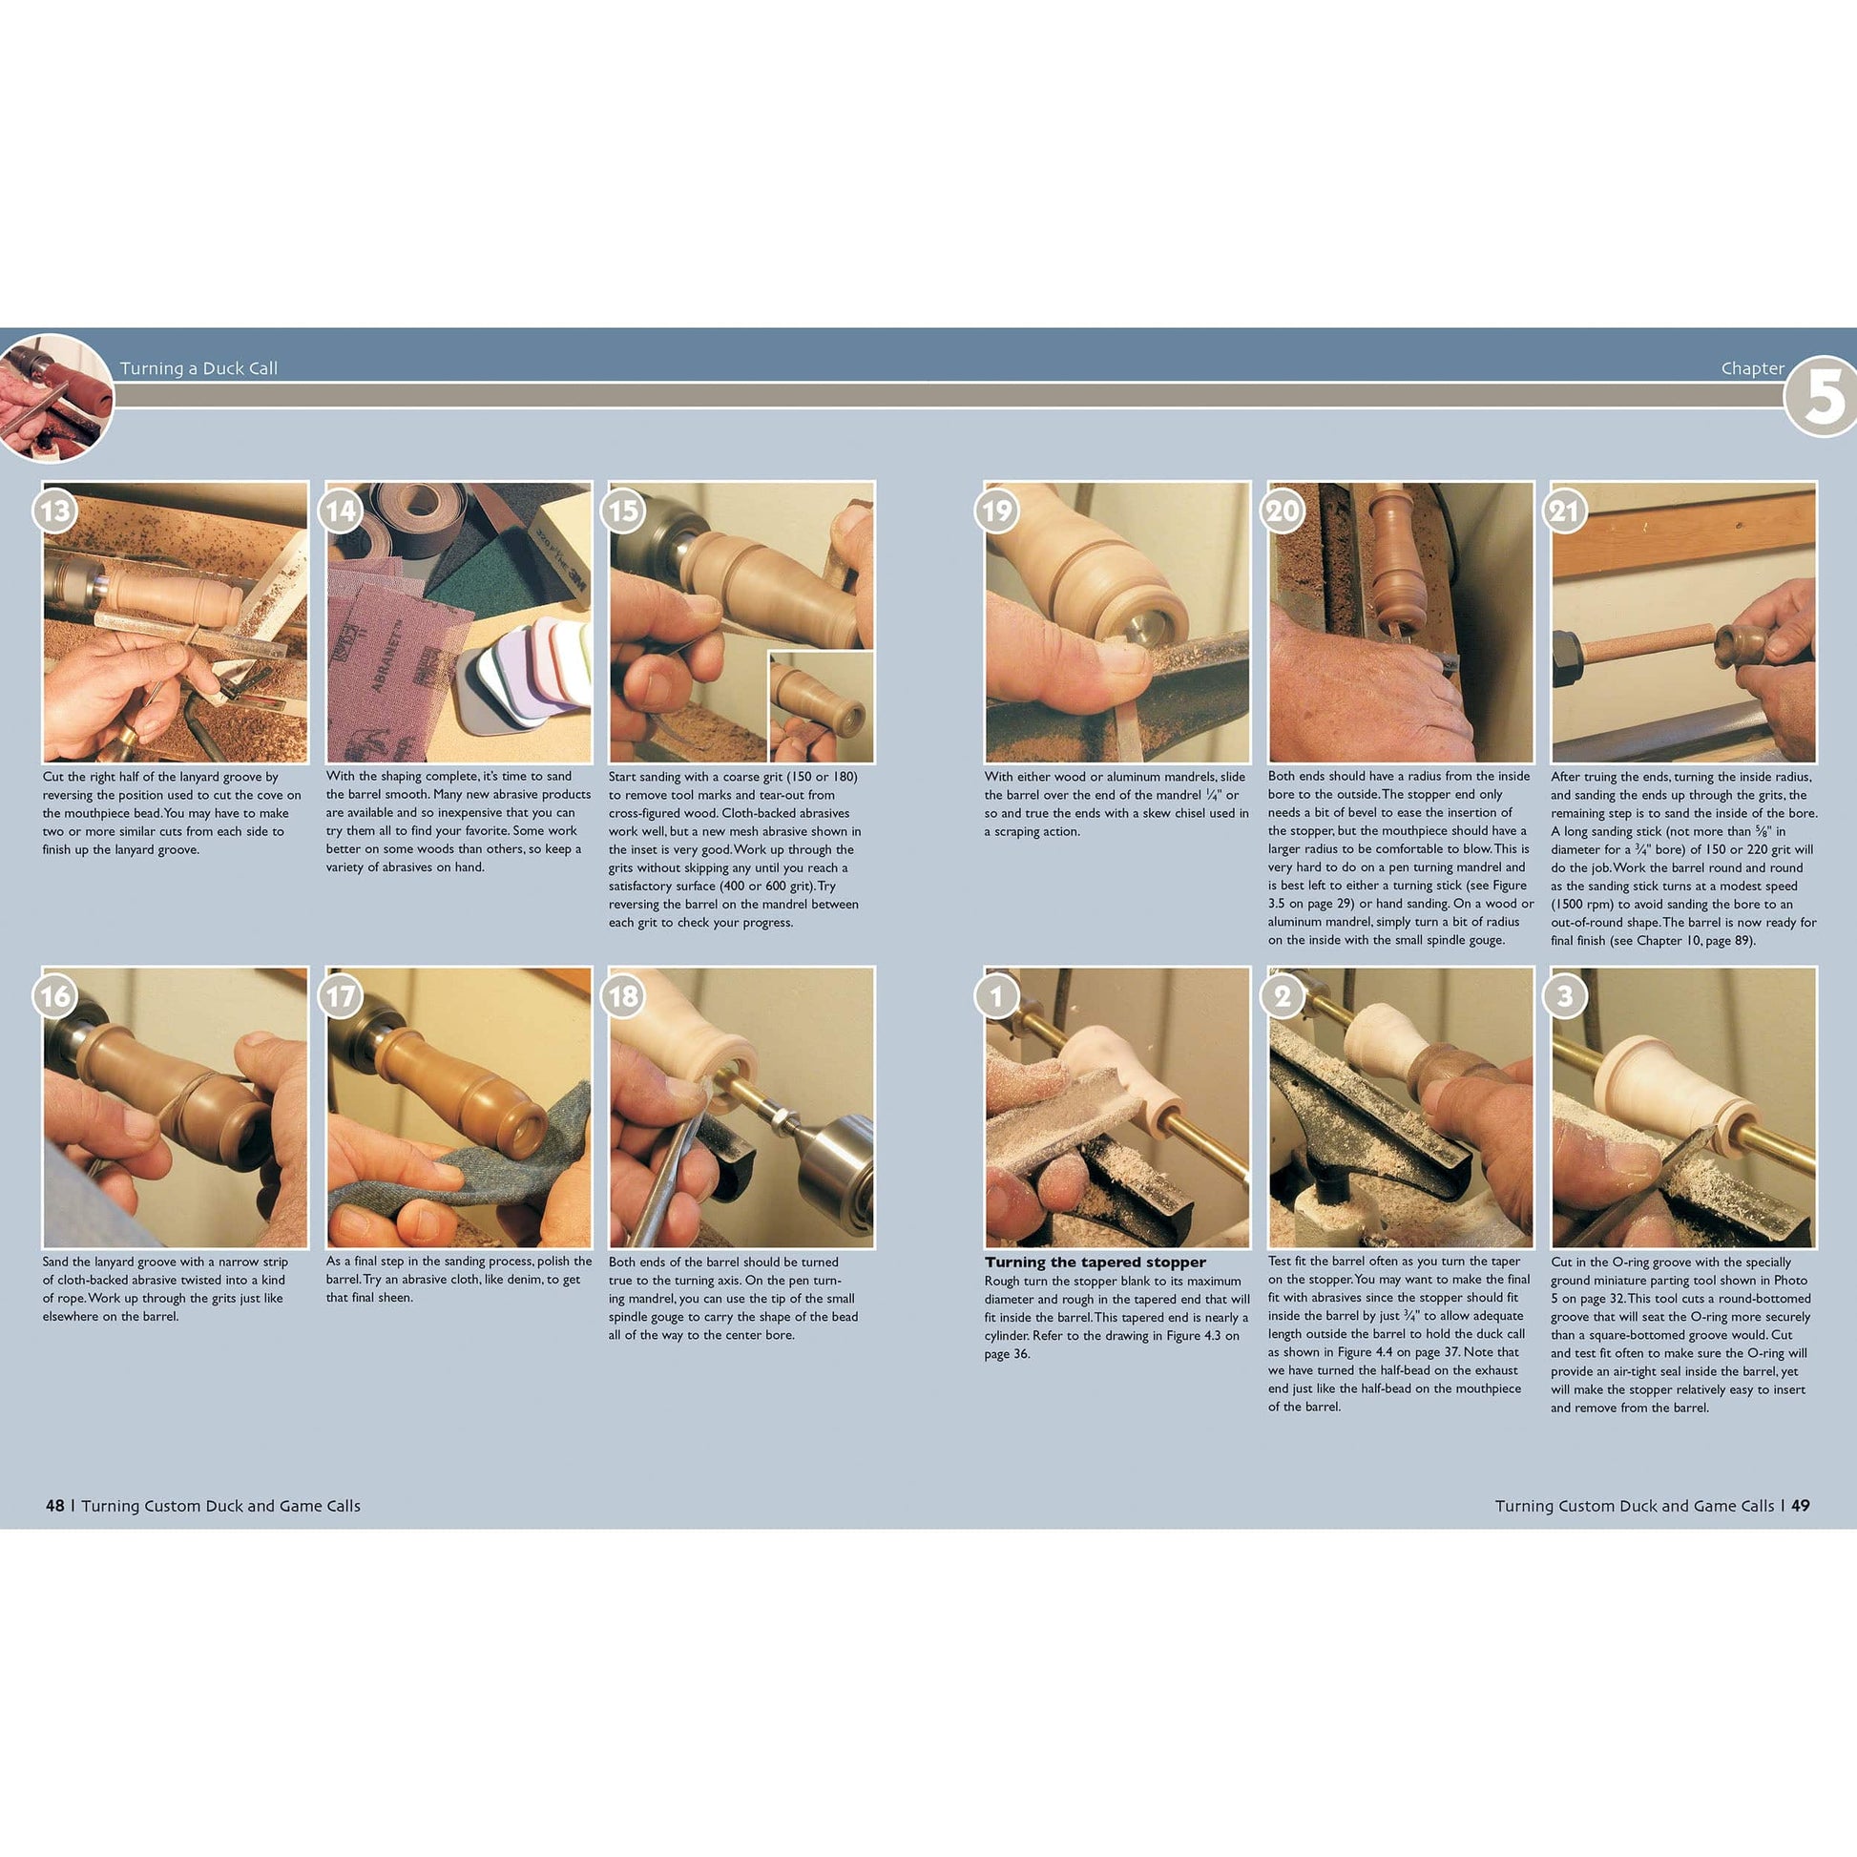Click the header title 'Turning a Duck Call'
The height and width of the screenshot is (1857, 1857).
(198, 368)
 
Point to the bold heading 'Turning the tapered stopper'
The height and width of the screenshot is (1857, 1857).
(1095, 1262)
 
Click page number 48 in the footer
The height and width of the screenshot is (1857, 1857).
(54, 1505)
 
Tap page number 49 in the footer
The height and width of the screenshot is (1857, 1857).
(1801, 1505)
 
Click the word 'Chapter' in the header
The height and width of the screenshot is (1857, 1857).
(1752, 368)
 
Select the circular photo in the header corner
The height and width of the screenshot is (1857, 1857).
(54, 398)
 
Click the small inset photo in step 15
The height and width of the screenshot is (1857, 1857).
(821, 706)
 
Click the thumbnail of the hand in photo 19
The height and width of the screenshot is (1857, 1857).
(1122, 657)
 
